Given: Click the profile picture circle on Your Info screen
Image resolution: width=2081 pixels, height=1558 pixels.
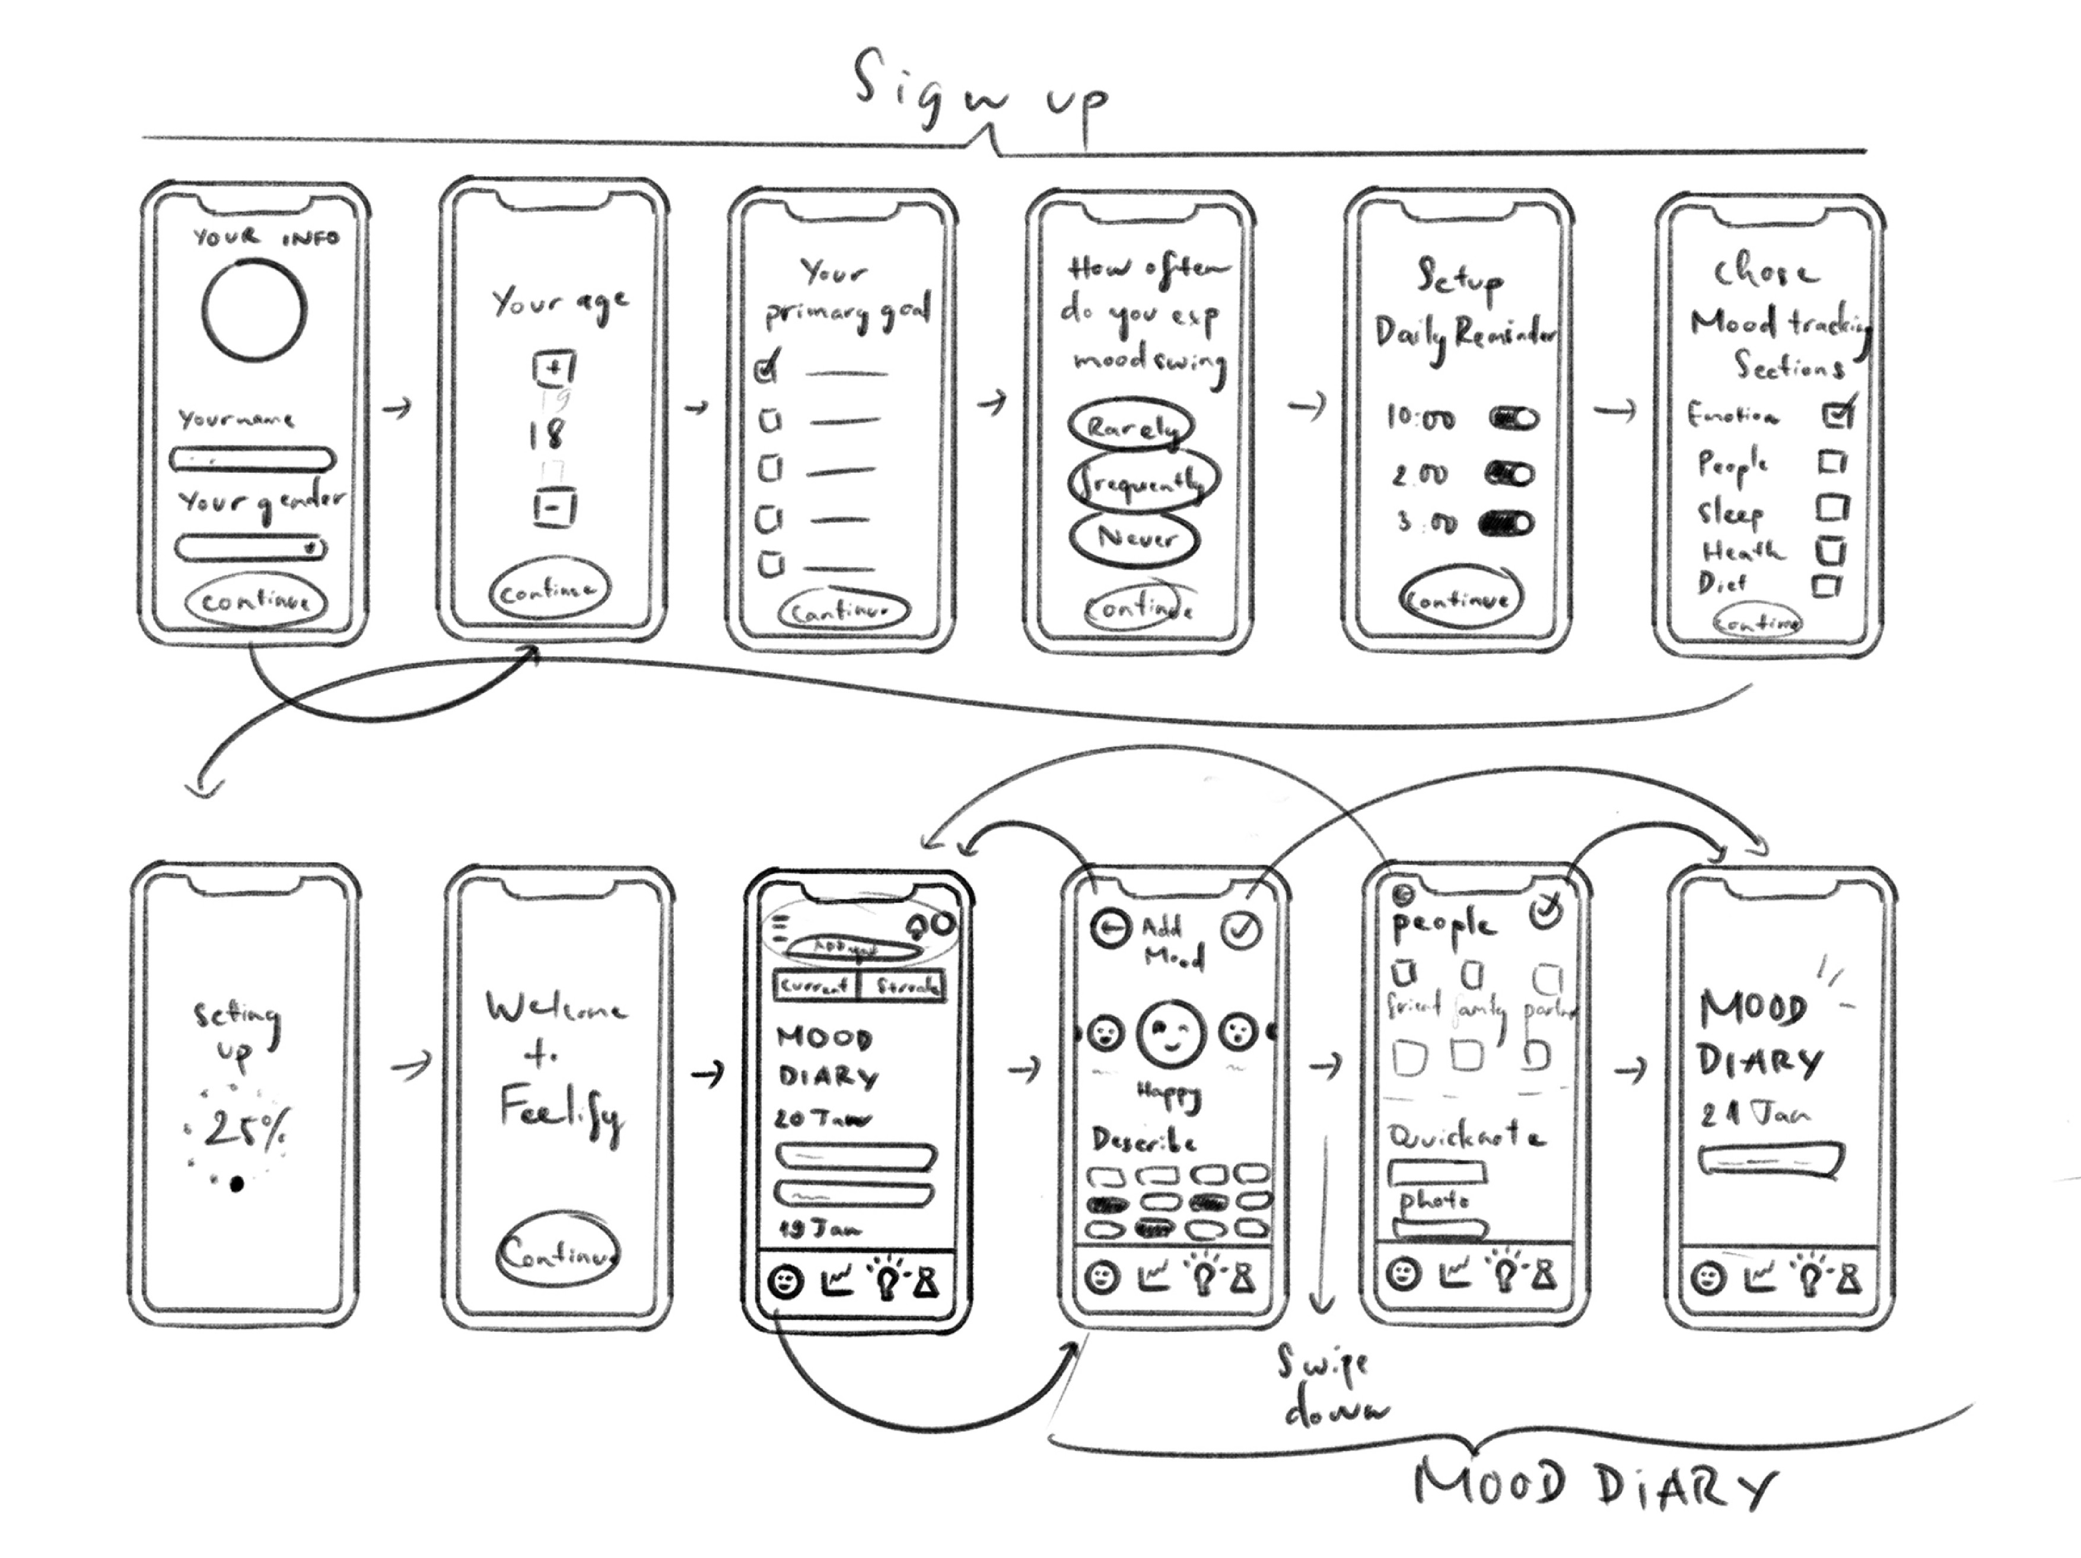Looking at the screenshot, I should (254, 310).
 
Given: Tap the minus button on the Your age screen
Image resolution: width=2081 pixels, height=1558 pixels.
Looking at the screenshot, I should (554, 509).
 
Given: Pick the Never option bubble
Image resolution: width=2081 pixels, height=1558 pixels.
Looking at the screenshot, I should (1135, 538).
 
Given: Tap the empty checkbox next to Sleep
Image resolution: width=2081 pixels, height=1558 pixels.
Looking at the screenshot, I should (1832, 508).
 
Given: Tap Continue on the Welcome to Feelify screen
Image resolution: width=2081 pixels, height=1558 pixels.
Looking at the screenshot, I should (558, 1252).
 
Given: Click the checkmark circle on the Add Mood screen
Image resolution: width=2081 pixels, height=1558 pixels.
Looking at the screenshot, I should (1242, 930).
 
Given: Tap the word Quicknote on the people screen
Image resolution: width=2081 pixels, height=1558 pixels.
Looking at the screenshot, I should (1466, 1137).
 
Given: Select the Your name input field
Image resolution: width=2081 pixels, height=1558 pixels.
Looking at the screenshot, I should (252, 460).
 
